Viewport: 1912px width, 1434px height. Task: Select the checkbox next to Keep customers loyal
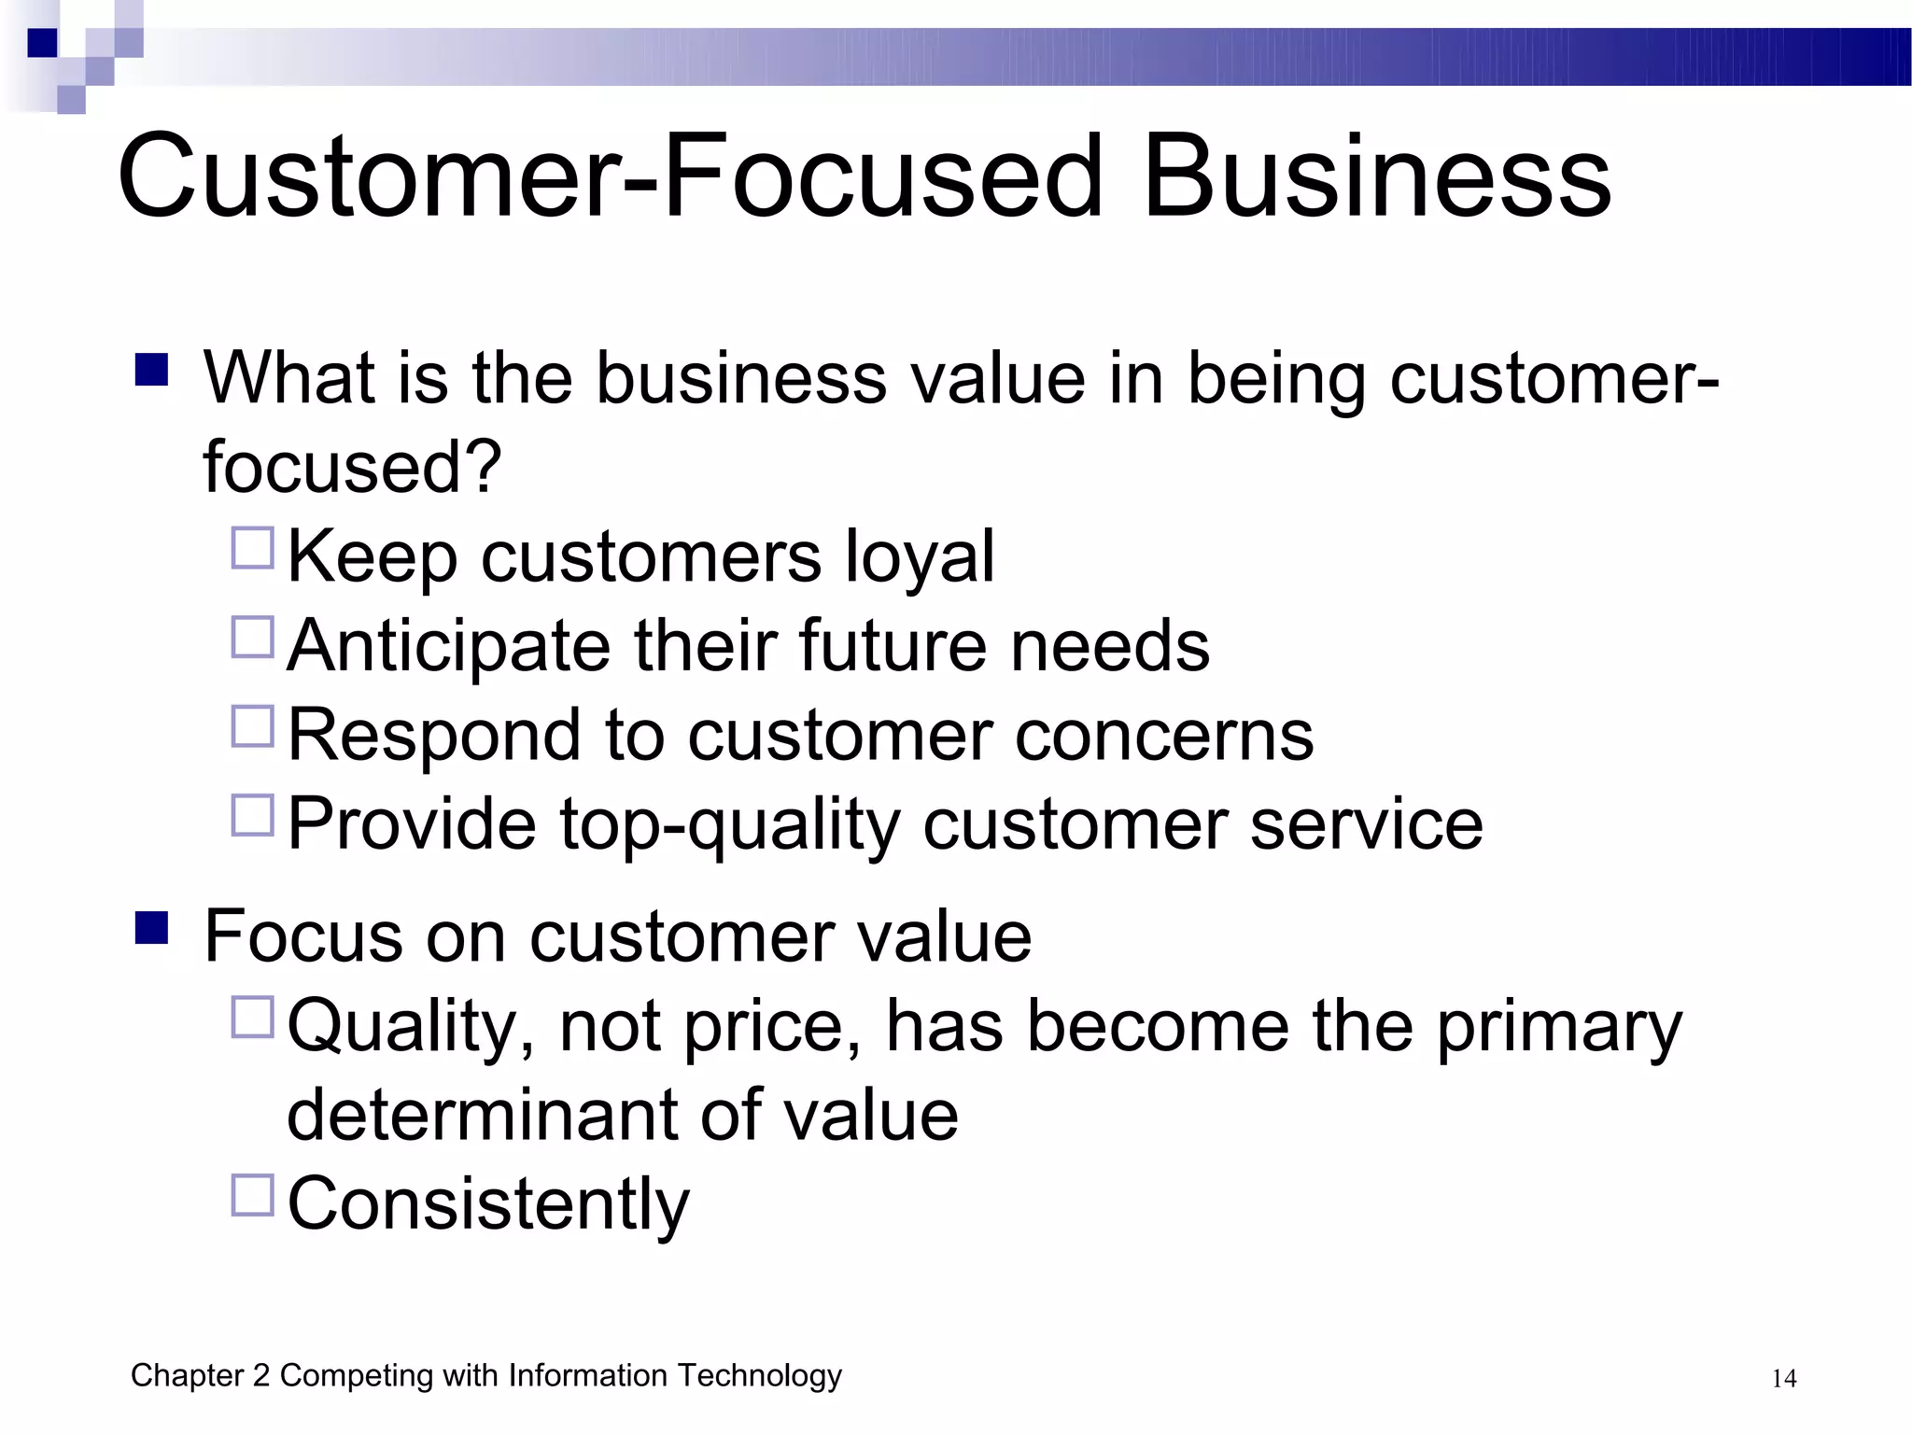coord(252,548)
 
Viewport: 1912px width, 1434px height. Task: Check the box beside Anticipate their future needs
coord(252,637)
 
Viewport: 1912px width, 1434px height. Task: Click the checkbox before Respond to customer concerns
coord(252,726)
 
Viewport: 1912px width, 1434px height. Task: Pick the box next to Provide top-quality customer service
coord(252,815)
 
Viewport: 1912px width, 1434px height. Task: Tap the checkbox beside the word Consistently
coord(252,1195)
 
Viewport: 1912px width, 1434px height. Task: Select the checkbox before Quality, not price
coord(252,1018)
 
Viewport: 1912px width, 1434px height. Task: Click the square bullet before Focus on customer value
coord(151,928)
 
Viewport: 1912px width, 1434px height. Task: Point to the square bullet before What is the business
coord(151,370)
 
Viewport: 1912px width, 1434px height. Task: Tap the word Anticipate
coord(448,646)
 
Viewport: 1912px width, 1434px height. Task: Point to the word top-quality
coord(729,825)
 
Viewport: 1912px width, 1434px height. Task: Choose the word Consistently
coord(488,1204)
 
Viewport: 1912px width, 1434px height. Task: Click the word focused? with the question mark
coord(353,466)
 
